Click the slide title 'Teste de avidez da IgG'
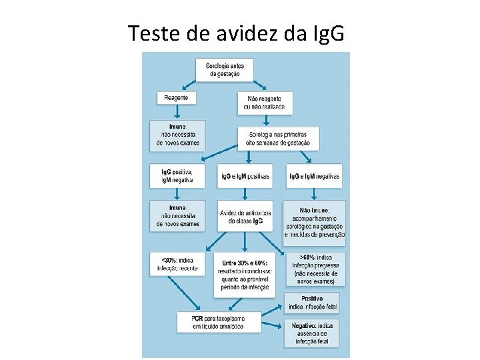237,33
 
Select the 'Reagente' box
177,97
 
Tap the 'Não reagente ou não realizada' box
264,102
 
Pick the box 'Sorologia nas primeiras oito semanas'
278,138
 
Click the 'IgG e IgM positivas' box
245,176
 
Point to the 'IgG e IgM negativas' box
314,176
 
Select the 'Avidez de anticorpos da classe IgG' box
245,216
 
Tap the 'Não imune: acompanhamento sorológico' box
314,219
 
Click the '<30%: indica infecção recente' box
177,263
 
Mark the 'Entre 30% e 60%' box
245,273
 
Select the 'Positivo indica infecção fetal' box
313,303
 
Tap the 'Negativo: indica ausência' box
313,333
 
